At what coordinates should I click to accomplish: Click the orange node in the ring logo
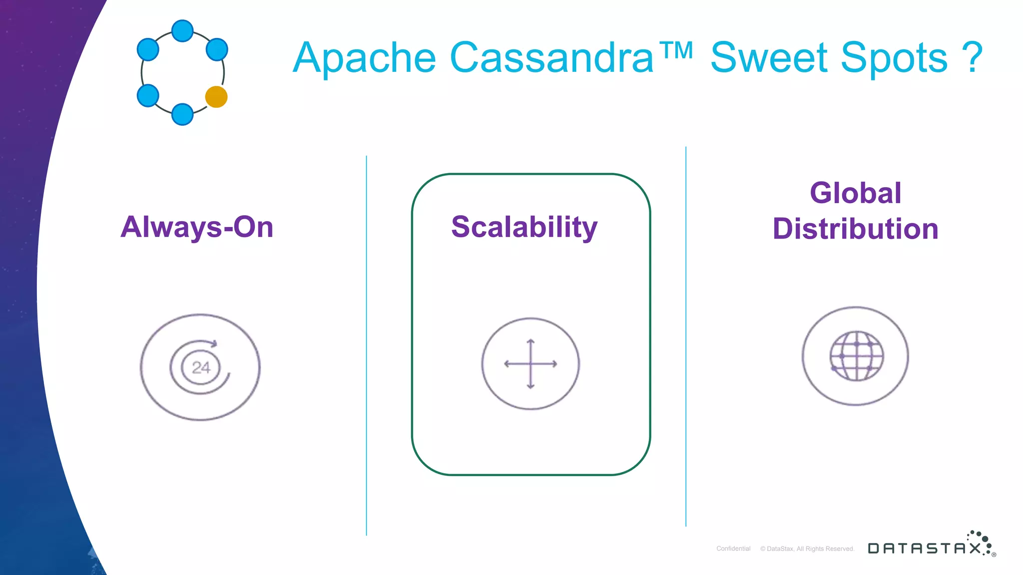click(216, 97)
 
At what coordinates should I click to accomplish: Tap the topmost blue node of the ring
click(182, 31)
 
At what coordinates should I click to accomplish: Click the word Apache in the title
click(364, 58)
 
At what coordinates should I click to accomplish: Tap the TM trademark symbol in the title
click(676, 50)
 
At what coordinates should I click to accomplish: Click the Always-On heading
click(197, 227)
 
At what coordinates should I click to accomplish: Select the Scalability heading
click(524, 227)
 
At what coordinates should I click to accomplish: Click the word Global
click(855, 193)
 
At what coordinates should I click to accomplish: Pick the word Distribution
click(855, 229)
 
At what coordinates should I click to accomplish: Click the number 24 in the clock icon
click(201, 368)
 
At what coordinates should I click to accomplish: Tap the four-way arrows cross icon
click(530, 364)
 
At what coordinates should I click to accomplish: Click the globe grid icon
click(856, 356)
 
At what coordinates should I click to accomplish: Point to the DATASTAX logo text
click(924, 548)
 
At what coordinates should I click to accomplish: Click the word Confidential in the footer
click(733, 549)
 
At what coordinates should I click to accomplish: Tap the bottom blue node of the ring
click(182, 114)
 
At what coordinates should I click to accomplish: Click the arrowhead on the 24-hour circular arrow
click(214, 343)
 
